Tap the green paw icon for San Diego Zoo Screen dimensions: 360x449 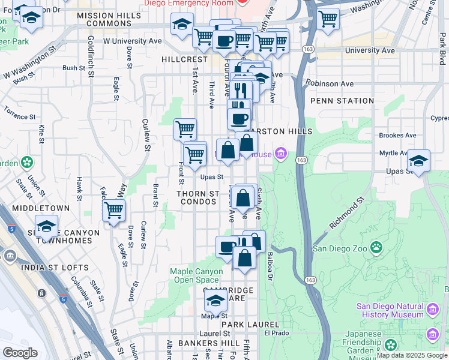point(376,247)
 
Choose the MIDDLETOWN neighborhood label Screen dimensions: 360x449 point(44,208)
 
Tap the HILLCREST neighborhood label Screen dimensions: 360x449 point(184,60)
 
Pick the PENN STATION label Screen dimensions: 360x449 point(334,101)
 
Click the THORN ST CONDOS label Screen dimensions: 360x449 point(198,198)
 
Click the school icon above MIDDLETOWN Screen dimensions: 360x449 point(46,226)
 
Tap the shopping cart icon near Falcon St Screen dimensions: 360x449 point(113,210)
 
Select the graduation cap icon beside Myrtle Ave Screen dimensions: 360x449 point(418,160)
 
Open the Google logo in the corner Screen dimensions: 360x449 point(20,353)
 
